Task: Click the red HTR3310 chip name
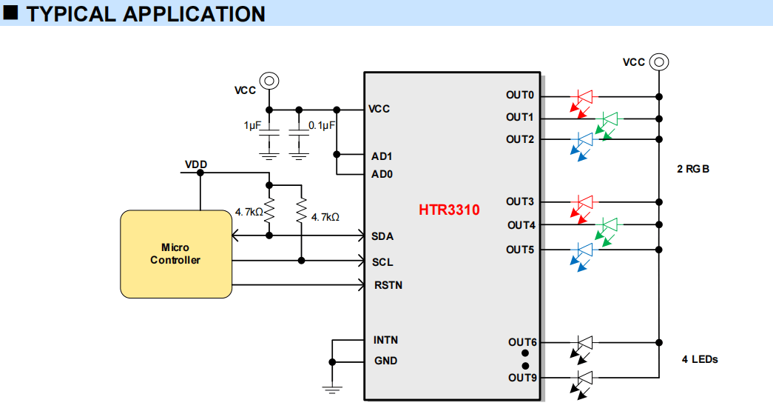coord(449,210)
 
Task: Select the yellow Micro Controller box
coord(176,254)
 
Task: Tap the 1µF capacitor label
coord(252,125)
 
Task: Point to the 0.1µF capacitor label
coord(322,125)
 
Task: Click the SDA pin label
coord(382,236)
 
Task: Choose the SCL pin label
coord(382,262)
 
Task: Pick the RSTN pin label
coord(388,285)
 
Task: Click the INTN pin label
coord(385,340)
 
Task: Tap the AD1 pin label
coord(382,156)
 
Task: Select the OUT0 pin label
coord(519,95)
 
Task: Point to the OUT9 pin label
coord(522,378)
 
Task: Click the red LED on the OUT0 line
coord(583,102)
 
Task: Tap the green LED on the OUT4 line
coord(607,230)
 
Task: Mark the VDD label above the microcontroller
coord(196,164)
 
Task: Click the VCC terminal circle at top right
coord(659,62)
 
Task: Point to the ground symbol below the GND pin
coord(332,389)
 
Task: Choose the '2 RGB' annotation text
coord(692,169)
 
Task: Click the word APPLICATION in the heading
coord(194,14)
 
